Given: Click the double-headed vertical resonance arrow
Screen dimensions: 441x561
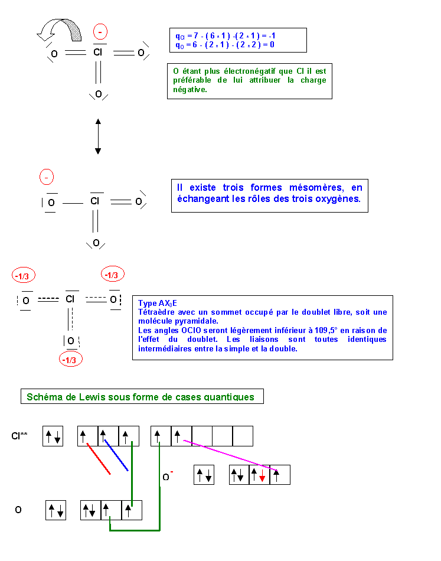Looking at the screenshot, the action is tap(98, 136).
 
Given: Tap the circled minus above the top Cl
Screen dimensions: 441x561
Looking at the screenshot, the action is tap(100, 32).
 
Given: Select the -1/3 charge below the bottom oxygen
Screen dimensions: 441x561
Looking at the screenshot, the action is tap(71, 360).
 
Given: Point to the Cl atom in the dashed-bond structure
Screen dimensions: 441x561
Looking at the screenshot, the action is tap(70, 299).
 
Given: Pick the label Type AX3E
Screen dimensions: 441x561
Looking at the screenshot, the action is tap(158, 304).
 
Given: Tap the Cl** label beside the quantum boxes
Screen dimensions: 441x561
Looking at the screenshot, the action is tap(19, 436).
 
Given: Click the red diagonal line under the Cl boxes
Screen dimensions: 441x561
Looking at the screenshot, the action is tap(99, 459).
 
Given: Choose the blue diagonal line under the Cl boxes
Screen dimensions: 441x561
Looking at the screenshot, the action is tap(116, 455).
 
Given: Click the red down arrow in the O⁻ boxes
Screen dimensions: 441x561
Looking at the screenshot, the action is tap(262, 475).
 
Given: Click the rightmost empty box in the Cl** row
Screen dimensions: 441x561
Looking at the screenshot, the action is tap(243, 436).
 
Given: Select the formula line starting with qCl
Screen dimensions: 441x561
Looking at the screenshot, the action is tap(226, 36).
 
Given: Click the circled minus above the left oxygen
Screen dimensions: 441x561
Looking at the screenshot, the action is tap(47, 177).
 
